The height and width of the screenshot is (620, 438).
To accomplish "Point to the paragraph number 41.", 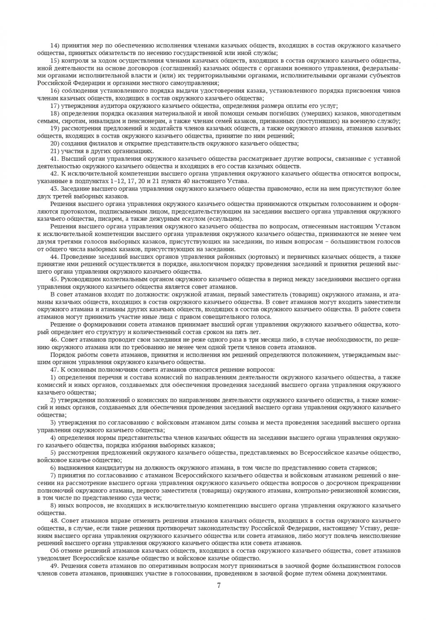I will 55,158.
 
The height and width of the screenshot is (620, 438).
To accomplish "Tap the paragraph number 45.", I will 55,279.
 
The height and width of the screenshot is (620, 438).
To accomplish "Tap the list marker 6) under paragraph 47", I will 53,468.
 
